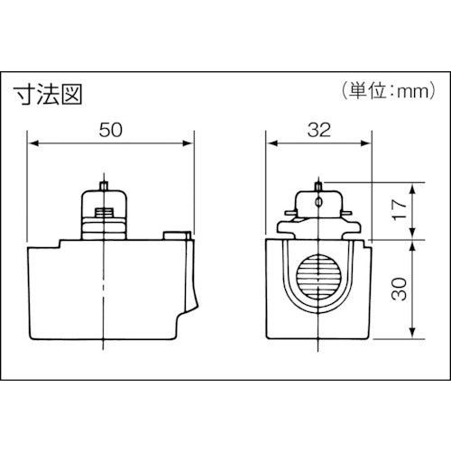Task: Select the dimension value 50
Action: tap(110, 129)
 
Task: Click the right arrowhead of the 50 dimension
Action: tap(189, 143)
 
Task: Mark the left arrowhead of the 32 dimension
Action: tap(271, 143)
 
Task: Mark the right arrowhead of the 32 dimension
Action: tap(368, 143)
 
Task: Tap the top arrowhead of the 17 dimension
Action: tap(414, 187)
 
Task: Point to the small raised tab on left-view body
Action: tap(174, 236)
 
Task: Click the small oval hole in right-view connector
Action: tap(318, 205)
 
